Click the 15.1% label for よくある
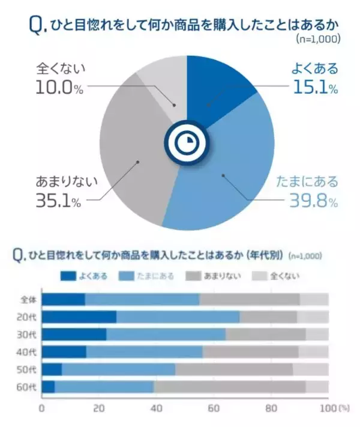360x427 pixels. point(314,88)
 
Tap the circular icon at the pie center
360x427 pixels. point(187,142)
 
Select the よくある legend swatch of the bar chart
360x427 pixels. point(68,276)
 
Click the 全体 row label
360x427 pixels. point(28,299)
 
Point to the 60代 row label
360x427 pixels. point(28,387)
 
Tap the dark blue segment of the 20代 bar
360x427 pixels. point(79,316)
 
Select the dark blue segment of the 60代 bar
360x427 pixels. point(48,387)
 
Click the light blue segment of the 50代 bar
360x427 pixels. point(118,369)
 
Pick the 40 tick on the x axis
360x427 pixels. point(156,408)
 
